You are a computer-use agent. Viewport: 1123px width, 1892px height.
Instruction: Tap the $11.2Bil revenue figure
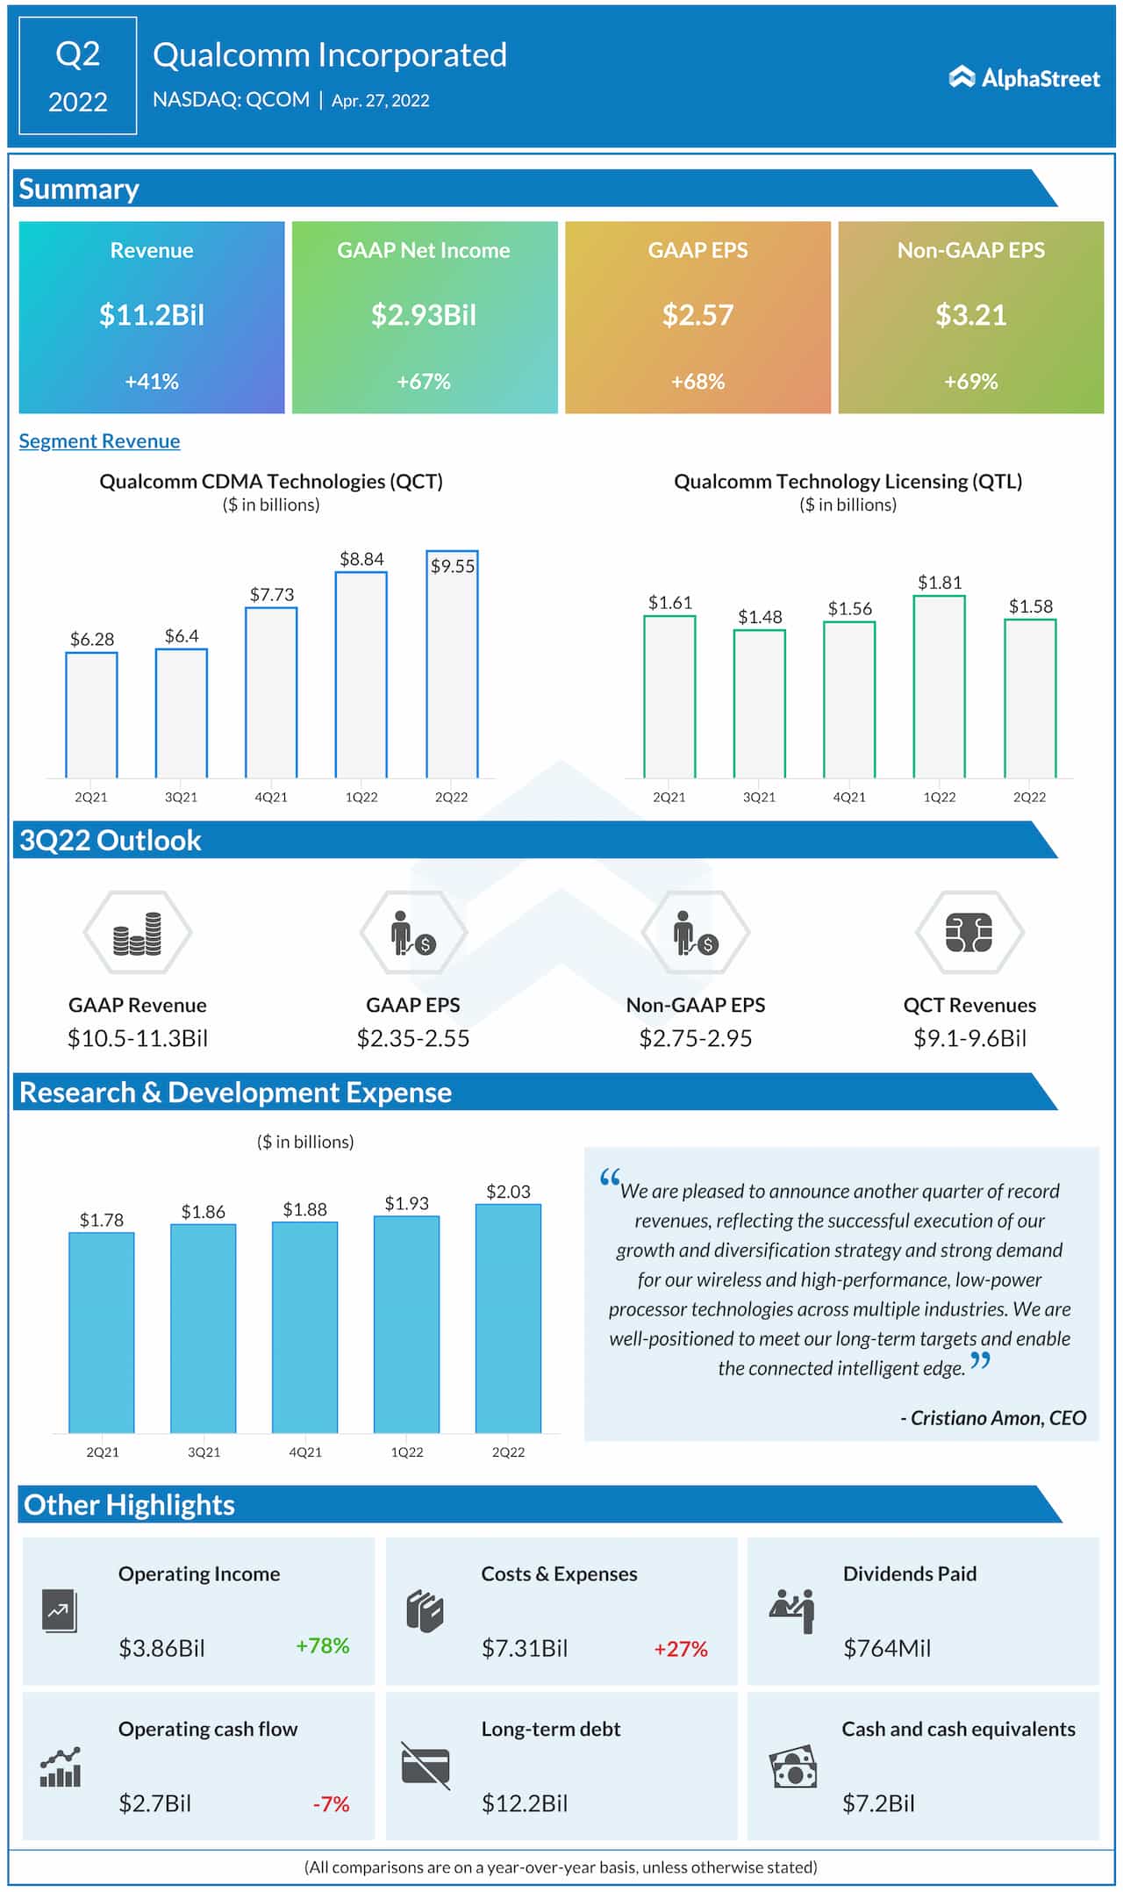[x=152, y=315]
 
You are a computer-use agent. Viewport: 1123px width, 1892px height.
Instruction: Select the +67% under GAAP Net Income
[x=424, y=382]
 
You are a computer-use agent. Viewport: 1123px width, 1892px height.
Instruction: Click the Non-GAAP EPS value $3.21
[x=970, y=315]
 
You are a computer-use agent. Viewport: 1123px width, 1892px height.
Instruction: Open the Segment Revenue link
[x=99, y=441]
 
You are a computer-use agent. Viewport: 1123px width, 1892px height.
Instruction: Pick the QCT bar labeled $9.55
[x=452, y=667]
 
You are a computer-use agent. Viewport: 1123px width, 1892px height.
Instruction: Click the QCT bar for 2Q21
[x=91, y=715]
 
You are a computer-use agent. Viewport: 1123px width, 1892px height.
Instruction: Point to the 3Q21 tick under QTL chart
[x=759, y=797]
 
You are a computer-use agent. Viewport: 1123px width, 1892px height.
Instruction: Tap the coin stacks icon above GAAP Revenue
[x=137, y=933]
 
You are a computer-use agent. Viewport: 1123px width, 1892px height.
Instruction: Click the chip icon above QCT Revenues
[x=969, y=933]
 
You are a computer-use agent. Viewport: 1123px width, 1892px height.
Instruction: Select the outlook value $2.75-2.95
[x=695, y=1039]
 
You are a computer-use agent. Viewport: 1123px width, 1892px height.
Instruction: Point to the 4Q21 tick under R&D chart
[x=305, y=1452]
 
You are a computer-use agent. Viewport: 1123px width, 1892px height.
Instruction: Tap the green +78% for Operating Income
[x=322, y=1645]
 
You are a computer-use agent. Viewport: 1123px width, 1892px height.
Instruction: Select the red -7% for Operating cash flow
[x=331, y=1804]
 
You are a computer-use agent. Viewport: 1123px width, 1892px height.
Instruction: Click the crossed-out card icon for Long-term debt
[x=426, y=1766]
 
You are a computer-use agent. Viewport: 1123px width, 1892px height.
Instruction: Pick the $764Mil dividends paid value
[x=886, y=1648]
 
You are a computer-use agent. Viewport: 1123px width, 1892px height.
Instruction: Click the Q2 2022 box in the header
[x=78, y=76]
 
